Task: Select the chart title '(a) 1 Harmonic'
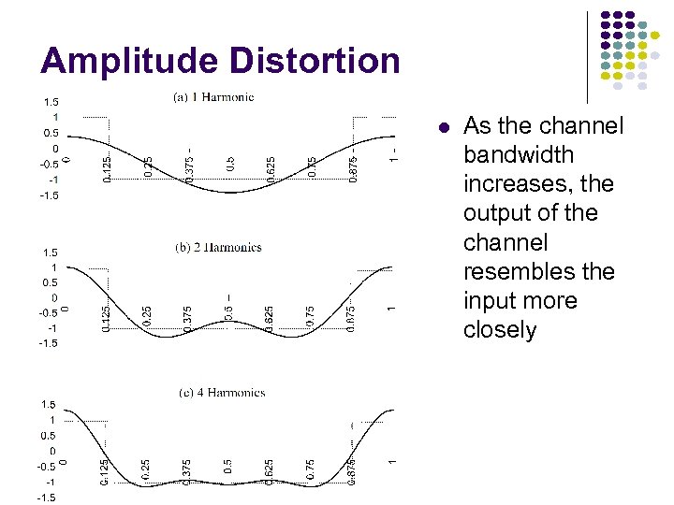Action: (x=213, y=96)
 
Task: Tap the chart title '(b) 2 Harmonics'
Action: (x=218, y=248)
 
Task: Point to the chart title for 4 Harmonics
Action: (x=222, y=393)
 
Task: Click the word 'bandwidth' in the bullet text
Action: (x=519, y=155)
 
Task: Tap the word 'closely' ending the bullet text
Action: (x=500, y=329)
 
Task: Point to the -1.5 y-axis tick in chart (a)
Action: (x=48, y=195)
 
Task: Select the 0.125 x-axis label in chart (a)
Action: (x=107, y=168)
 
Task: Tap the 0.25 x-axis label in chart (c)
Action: (x=147, y=469)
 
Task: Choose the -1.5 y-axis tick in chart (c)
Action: (x=47, y=498)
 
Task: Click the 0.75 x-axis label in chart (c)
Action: (x=311, y=469)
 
